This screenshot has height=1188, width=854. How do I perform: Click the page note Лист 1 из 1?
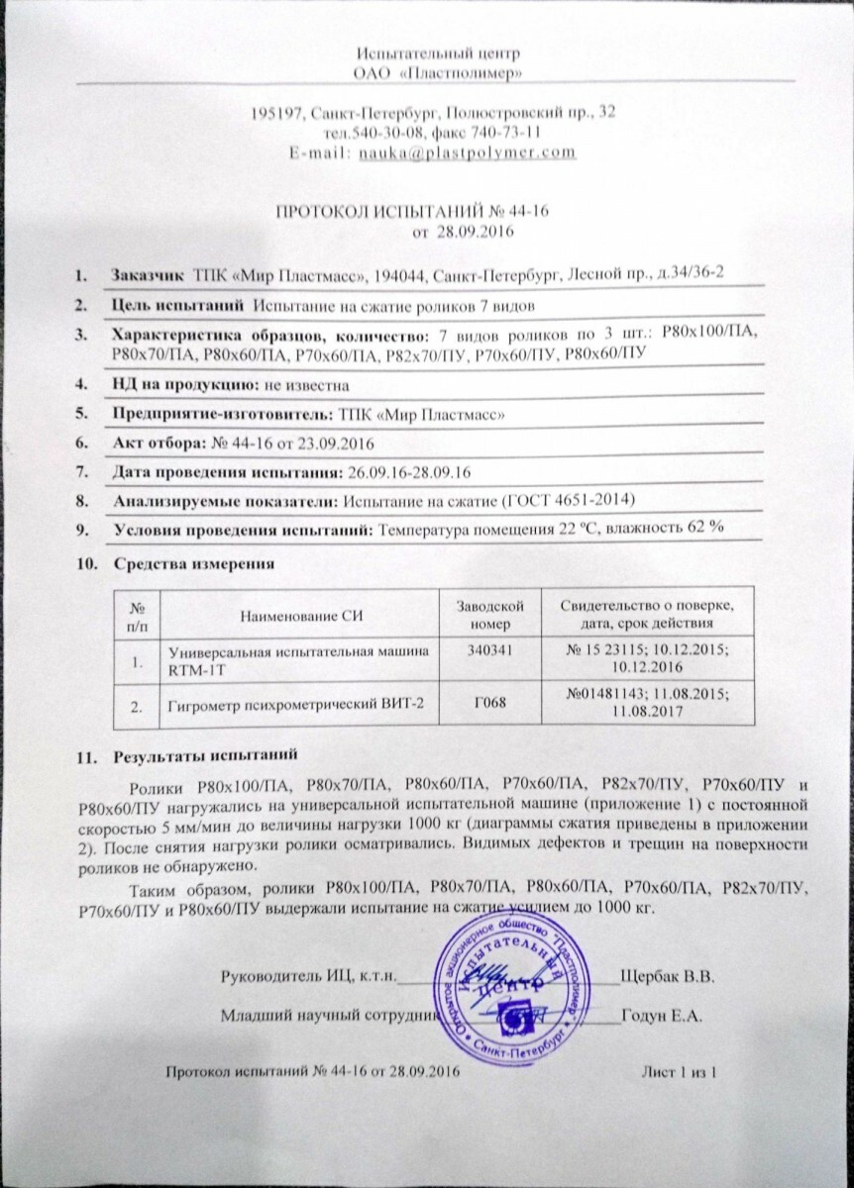pyautogui.click(x=679, y=1072)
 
